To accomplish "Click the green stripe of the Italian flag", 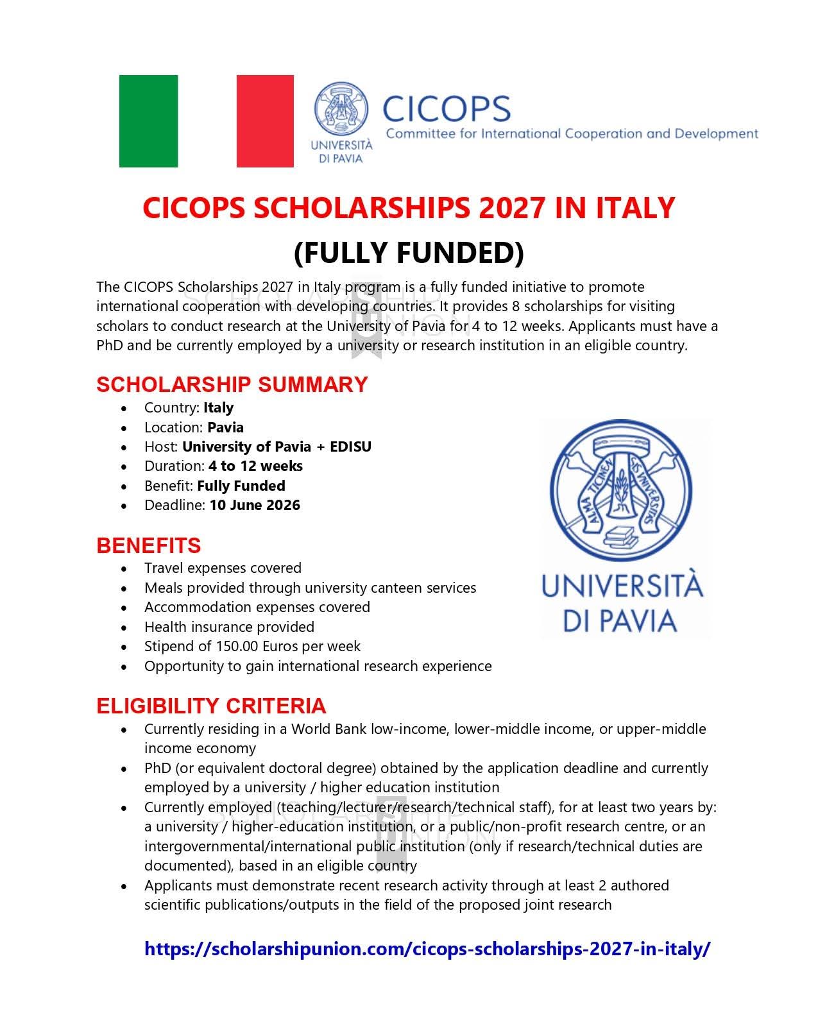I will [x=148, y=121].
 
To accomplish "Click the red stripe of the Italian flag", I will [x=265, y=121].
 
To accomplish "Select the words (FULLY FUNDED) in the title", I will [x=409, y=252].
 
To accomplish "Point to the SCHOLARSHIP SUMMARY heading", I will [x=232, y=384].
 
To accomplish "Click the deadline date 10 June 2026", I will [x=255, y=505].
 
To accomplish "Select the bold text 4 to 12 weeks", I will [x=255, y=466].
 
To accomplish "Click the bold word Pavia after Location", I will [x=225, y=427].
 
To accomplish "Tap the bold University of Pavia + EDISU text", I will [x=277, y=446].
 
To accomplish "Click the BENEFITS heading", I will [x=148, y=545].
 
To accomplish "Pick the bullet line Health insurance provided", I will [x=229, y=627].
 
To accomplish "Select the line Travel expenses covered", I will [x=223, y=568].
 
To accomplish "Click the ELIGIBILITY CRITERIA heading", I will [x=211, y=706].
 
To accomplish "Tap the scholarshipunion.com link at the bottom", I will [x=427, y=949].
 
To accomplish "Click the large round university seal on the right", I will [x=621, y=493].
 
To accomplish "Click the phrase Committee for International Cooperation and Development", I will [x=572, y=133].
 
